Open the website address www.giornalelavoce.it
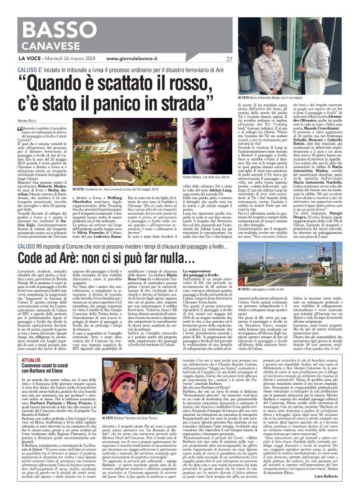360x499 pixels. [136, 58]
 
